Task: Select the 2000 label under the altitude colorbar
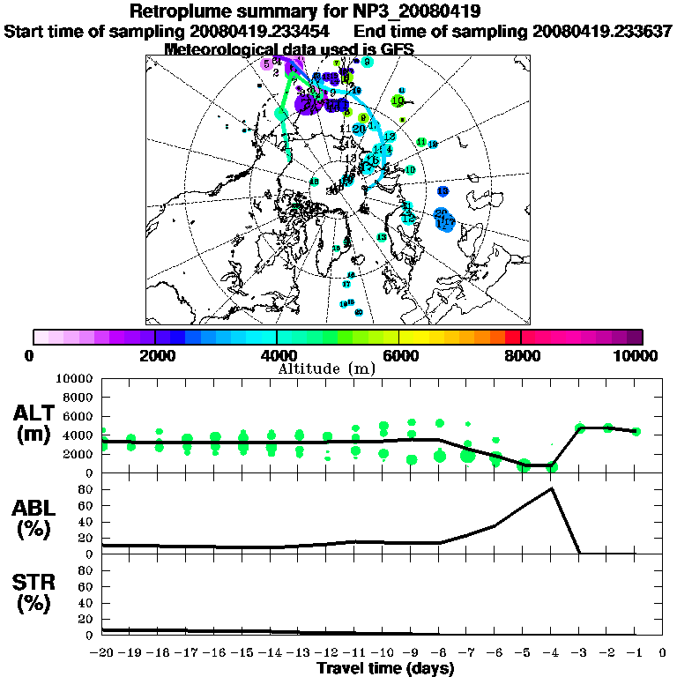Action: click(155, 355)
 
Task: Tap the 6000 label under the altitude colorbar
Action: click(399, 355)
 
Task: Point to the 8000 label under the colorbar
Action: click(521, 355)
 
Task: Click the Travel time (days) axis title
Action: click(385, 668)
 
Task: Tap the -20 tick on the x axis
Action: click(102, 652)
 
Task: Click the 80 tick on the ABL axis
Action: click(86, 488)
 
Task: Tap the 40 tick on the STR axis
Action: click(86, 602)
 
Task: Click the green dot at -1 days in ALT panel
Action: click(636, 431)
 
